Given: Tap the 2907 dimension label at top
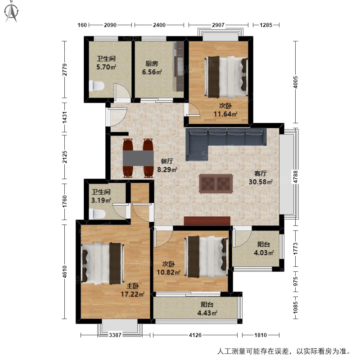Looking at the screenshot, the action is coord(218,25).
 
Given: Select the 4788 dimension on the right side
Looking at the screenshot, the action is coord(295,176).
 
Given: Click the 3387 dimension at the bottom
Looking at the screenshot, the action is coord(115,335).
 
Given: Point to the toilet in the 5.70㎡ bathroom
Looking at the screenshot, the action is coord(96,85).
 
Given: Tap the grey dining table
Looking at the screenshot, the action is coord(138,158).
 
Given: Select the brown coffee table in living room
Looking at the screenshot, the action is coord(216,184).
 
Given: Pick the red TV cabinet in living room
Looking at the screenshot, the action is coord(207,221).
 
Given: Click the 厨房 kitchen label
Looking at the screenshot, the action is coord(152,63).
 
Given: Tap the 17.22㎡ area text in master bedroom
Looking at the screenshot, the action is coord(132,294).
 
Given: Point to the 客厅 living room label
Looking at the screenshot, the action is coord(261,173).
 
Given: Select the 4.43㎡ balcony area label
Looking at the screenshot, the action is coord(207,313).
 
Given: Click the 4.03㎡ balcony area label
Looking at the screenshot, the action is coord(264,252).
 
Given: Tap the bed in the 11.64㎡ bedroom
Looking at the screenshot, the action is coord(226,77).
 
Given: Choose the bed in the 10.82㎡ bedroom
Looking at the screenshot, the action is coord(206,257).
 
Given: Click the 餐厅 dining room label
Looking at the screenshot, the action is coord(167,161).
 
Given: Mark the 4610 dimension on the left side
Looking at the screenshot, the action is coord(65,272).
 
